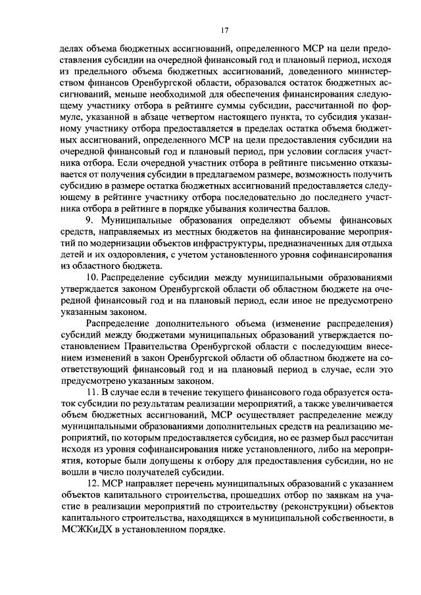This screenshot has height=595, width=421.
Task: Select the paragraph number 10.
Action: coord(91,277)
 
